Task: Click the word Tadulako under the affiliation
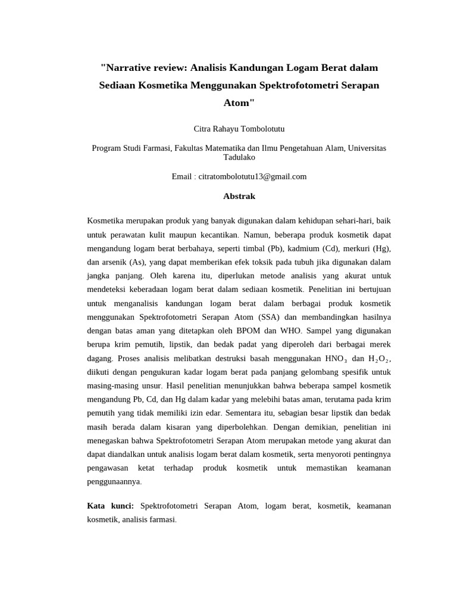[239, 157]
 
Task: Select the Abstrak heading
[239, 196]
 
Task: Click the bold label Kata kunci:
[111, 506]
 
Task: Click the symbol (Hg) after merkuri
[381, 248]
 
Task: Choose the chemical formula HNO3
[336, 359]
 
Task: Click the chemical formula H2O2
[379, 359]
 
